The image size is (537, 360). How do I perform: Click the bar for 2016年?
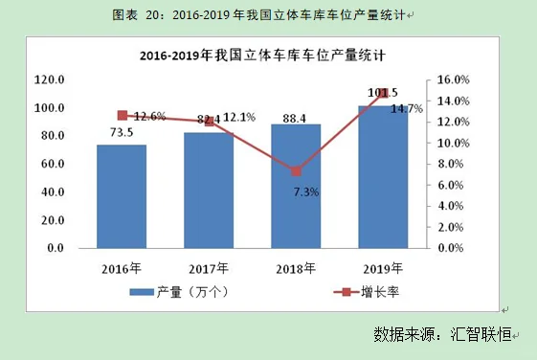122,196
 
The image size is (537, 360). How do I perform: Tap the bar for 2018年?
296,186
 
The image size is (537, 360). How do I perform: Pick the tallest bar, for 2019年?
383,176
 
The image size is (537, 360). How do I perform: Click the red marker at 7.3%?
296,171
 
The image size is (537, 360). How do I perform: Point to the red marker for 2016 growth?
122,115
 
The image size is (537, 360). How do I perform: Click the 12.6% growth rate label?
149,117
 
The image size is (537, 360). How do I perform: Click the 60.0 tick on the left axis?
49,164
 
